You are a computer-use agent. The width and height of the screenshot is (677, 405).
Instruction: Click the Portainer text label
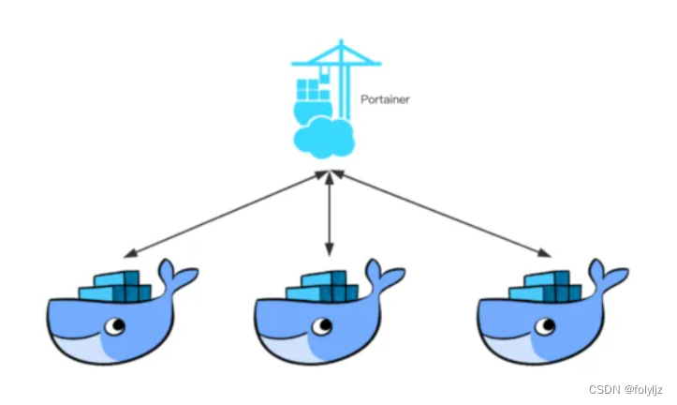pos(386,97)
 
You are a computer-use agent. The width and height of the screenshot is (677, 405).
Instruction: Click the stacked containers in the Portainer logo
pos(308,92)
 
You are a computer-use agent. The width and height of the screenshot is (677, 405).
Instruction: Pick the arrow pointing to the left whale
pos(225,214)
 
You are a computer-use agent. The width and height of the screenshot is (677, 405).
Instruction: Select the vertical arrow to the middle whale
pos(329,216)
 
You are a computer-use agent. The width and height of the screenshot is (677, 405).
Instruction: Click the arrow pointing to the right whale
pos(440,214)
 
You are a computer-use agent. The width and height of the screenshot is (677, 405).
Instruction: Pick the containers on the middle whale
pos(323,287)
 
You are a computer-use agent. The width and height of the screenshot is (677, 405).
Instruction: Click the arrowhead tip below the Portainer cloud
pos(328,174)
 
